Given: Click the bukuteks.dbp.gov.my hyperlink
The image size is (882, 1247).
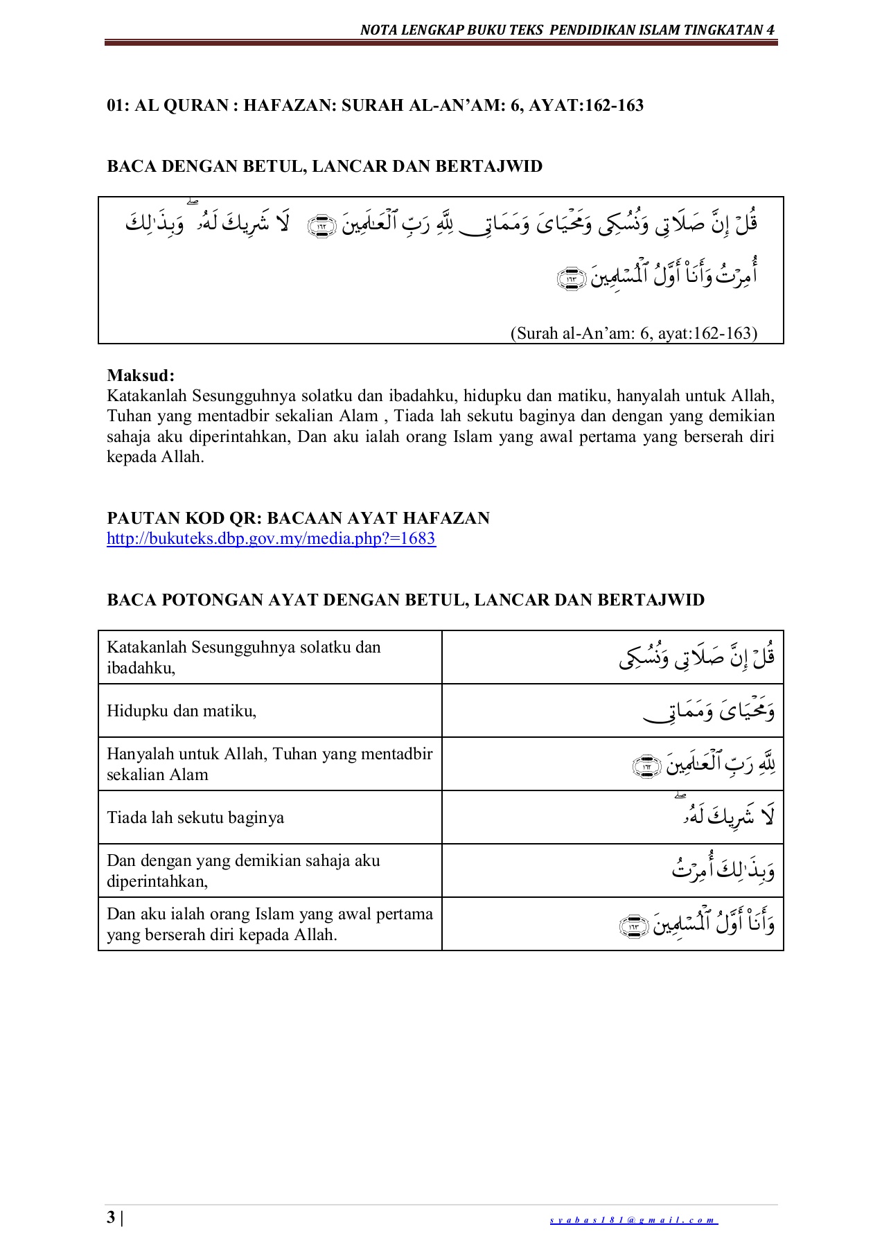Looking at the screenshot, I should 271,538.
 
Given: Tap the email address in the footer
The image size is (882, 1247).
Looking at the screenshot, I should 633,1220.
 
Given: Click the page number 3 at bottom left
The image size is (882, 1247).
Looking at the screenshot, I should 111,1218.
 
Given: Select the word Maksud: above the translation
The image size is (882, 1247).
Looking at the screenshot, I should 141,375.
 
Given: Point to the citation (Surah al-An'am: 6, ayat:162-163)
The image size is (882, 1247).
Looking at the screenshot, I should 633,333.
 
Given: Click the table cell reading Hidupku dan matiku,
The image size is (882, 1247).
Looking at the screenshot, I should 182,711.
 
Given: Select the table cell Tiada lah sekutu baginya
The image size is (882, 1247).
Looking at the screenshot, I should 195,817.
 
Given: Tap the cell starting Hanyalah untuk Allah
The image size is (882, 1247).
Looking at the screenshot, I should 269,763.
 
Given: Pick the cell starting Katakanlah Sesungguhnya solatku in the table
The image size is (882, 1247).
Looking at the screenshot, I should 243,657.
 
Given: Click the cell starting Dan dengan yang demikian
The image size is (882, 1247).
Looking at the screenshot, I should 243,870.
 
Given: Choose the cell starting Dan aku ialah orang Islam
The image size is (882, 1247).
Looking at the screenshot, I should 269,923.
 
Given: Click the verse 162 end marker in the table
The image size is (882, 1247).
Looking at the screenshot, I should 647,766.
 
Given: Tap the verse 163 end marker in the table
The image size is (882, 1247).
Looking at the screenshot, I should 633,926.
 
